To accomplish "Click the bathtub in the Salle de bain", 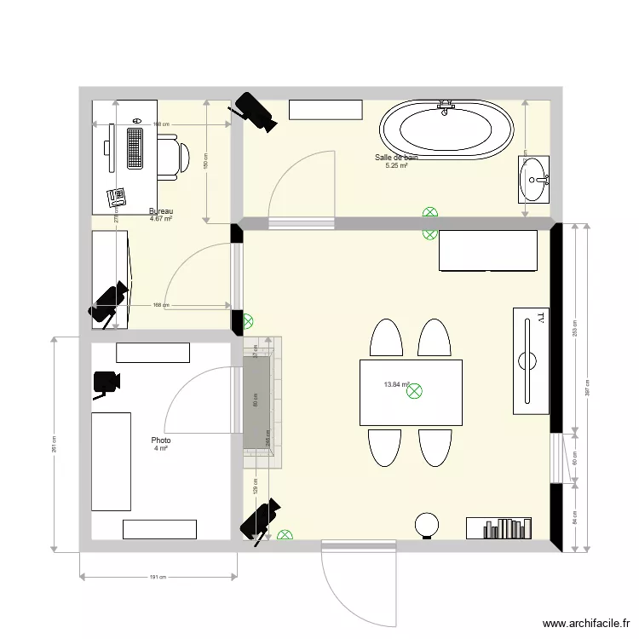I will [x=446, y=131].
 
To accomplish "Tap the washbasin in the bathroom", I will [x=534, y=179].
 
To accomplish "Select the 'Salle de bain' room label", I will [x=396, y=158].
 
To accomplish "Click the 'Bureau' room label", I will [x=161, y=211].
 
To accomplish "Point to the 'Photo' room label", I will [x=160, y=440].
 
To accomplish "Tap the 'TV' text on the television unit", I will [x=540, y=319].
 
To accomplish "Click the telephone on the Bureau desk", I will [x=117, y=198].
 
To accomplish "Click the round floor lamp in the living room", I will [x=425, y=523].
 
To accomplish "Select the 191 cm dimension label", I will [x=157, y=577].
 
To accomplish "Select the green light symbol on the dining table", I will [x=416, y=391].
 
